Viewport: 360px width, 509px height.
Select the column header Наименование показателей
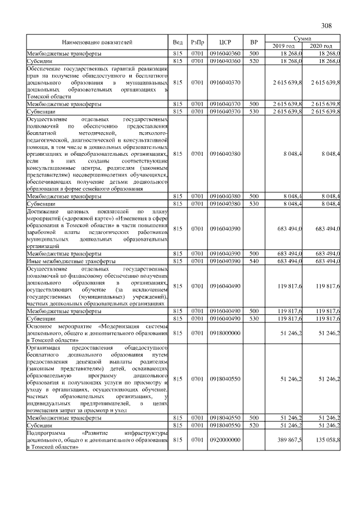point(97,42)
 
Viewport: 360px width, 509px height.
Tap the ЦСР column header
point(224,42)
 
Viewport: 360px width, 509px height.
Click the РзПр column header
point(197,42)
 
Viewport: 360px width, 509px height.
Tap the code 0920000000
point(224,440)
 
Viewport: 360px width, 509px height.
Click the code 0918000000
point(224,333)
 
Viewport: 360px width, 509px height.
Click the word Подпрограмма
point(46,434)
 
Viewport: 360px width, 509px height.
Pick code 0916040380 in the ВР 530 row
point(224,204)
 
